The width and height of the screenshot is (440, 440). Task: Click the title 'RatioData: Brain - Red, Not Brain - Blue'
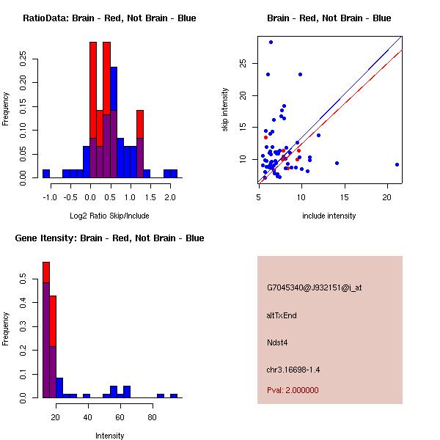click(x=109, y=18)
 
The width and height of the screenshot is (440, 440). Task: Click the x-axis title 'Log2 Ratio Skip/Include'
click(x=109, y=216)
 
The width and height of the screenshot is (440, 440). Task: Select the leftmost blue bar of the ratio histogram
click(x=46, y=173)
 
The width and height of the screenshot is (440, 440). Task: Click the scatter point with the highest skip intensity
click(x=271, y=42)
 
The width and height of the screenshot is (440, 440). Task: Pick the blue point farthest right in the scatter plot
click(x=397, y=164)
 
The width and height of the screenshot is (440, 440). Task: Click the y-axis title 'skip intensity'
click(x=226, y=110)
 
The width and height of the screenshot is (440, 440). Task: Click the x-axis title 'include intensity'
click(x=329, y=216)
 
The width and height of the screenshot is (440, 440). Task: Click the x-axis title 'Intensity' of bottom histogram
click(x=109, y=436)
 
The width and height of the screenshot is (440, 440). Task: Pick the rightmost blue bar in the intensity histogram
click(x=174, y=395)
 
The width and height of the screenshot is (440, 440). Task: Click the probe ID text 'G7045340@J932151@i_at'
click(x=314, y=287)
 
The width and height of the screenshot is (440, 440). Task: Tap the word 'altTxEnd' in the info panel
click(x=282, y=315)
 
